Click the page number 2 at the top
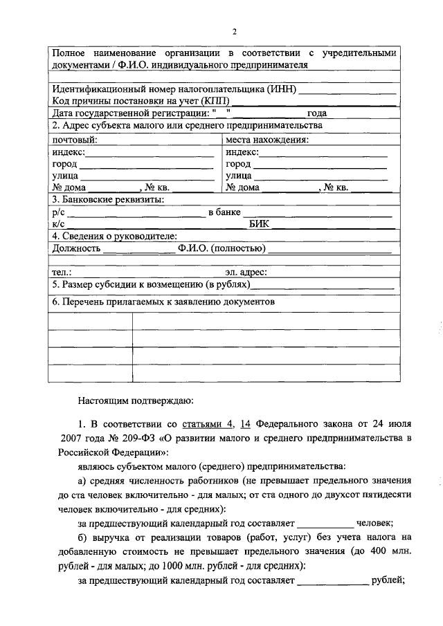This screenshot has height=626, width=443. [234, 32]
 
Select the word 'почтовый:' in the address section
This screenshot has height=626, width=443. [75, 140]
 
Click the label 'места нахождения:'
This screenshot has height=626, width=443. [266, 140]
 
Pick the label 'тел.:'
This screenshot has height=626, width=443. [62, 273]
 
